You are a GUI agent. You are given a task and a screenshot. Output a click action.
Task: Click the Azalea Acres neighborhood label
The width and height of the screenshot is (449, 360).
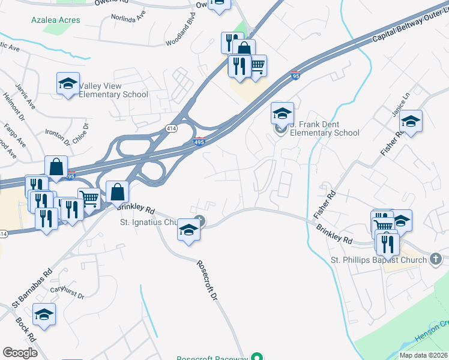coord(56,20)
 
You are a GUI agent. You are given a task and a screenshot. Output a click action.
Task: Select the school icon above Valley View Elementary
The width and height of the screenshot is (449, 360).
coord(68,84)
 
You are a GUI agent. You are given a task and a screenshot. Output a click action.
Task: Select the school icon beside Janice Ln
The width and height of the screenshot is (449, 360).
coord(411,122)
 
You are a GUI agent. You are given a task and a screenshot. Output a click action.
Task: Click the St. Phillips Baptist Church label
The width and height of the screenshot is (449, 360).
coord(378,260)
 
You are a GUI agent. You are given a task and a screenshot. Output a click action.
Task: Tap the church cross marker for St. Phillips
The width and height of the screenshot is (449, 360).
coord(436,259)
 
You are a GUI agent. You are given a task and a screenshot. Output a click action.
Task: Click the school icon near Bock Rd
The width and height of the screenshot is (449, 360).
coord(44,315)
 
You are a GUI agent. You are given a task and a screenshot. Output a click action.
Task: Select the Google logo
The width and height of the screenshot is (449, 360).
coord(20,352)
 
